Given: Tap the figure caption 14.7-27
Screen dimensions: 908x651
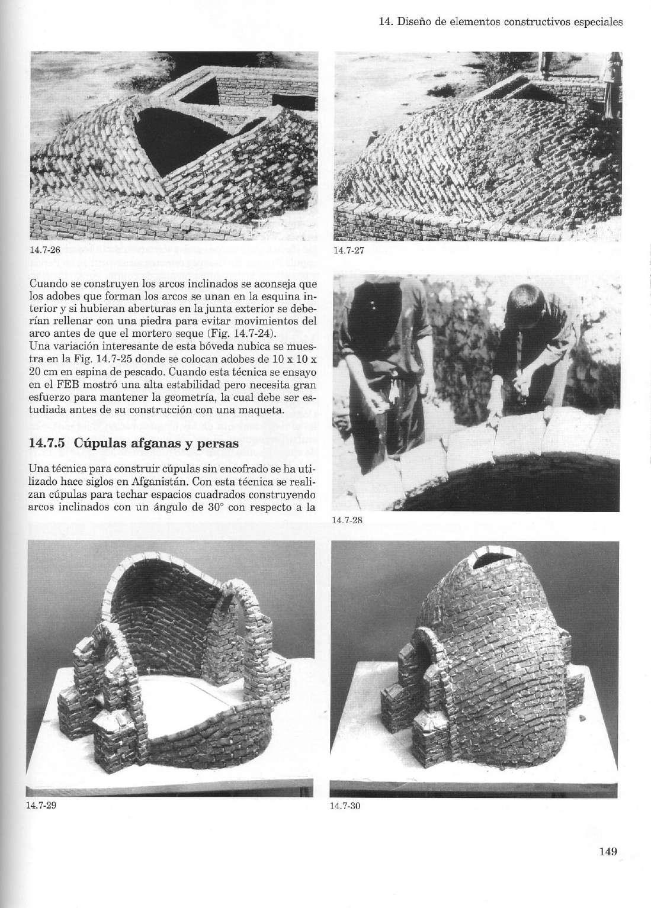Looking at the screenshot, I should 347,250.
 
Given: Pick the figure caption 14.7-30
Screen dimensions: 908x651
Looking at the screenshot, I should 345,806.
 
